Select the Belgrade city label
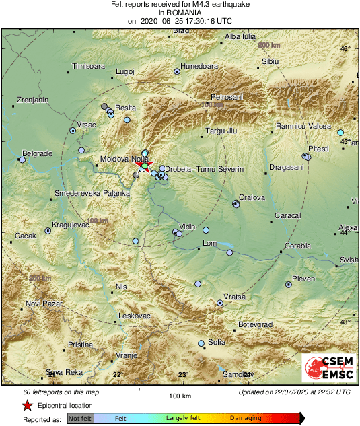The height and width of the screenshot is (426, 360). [37, 153]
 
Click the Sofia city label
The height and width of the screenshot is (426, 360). [217, 342]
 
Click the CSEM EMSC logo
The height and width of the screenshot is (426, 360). [328, 369]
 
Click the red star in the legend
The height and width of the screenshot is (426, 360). [27, 406]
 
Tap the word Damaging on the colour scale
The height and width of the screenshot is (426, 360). [246, 418]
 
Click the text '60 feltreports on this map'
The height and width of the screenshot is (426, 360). [61, 392]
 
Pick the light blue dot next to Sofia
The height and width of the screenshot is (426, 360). [201, 344]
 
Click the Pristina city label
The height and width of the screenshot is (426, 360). [80, 345]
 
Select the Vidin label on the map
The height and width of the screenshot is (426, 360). [187, 227]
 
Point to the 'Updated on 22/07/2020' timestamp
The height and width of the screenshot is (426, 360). [294, 392]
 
